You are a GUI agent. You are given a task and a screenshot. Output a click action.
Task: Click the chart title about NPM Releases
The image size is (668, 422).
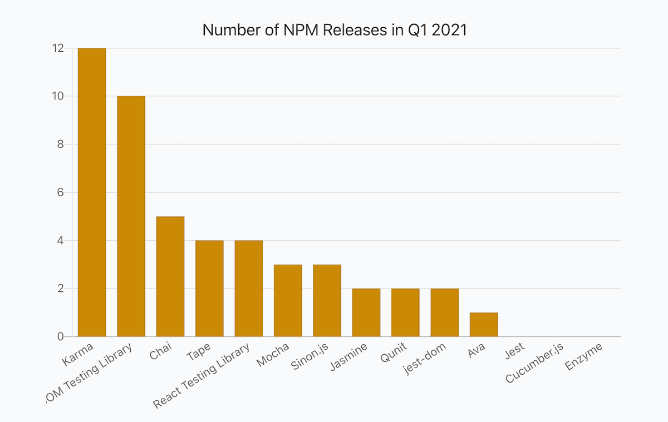pos(334,29)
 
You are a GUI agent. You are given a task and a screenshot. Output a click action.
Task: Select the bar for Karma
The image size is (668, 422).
pos(92,192)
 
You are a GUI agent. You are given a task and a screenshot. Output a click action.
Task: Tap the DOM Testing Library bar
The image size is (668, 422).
pos(131,216)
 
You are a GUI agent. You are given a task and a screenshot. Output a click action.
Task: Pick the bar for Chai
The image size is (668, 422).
pos(170,276)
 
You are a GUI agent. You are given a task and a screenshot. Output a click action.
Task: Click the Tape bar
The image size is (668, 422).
pos(209,289)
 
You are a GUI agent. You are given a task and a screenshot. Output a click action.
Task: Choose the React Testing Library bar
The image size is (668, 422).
pos(248,289)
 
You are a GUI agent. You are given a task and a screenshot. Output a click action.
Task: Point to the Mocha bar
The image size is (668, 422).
pos(288,300)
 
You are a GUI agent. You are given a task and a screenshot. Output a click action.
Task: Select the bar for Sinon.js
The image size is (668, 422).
pos(327,300)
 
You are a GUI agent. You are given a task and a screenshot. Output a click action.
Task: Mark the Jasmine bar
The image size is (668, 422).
pos(366,312)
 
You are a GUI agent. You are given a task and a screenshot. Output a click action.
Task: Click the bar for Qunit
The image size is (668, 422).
pos(405,312)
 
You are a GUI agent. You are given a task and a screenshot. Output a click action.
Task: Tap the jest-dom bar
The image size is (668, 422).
pos(444,312)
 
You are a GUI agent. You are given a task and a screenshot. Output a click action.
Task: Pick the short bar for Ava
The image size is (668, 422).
pos(484,325)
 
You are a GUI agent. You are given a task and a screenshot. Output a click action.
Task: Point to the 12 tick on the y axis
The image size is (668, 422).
pos(57,48)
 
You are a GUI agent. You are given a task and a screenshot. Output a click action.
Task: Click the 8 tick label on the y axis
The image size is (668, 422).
pos(60,145)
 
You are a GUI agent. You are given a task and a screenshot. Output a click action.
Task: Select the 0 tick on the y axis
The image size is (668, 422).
pos(60,337)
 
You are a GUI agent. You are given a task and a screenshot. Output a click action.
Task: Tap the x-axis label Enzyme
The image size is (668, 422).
pos(583,359)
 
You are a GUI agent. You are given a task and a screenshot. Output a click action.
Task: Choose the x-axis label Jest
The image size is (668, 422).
pos(514,351)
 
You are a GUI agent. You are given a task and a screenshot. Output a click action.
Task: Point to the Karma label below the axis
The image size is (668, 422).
pos(78,356)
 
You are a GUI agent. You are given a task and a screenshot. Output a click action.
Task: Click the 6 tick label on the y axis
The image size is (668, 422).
pos(60,192)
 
